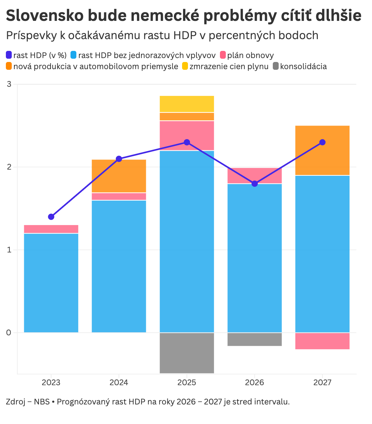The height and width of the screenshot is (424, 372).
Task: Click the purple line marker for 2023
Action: click(x=51, y=217)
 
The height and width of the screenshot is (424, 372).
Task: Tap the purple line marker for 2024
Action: click(x=119, y=159)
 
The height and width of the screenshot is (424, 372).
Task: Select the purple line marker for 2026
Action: click(x=255, y=184)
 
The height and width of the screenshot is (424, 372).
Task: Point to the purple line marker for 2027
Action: click(x=322, y=142)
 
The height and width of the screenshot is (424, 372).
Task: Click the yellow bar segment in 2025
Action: click(x=187, y=104)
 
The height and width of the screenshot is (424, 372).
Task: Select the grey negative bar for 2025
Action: click(x=187, y=353)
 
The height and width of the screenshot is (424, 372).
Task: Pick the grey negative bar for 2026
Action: click(x=255, y=339)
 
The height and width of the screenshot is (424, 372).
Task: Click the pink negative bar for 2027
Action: click(x=322, y=341)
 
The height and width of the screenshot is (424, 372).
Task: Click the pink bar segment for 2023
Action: click(x=51, y=229)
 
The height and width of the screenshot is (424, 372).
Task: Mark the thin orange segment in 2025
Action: click(x=187, y=116)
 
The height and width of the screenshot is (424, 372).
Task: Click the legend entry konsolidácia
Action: click(x=303, y=67)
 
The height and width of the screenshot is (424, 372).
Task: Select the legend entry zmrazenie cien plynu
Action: click(x=229, y=67)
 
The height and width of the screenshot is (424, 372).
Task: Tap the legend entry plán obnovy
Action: click(x=250, y=55)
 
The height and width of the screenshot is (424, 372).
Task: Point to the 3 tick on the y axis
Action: click(x=9, y=84)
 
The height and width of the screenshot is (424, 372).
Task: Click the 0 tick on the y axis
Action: click(x=9, y=333)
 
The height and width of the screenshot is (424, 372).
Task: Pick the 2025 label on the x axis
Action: click(x=187, y=382)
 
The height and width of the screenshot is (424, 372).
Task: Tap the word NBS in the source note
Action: click(x=42, y=401)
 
